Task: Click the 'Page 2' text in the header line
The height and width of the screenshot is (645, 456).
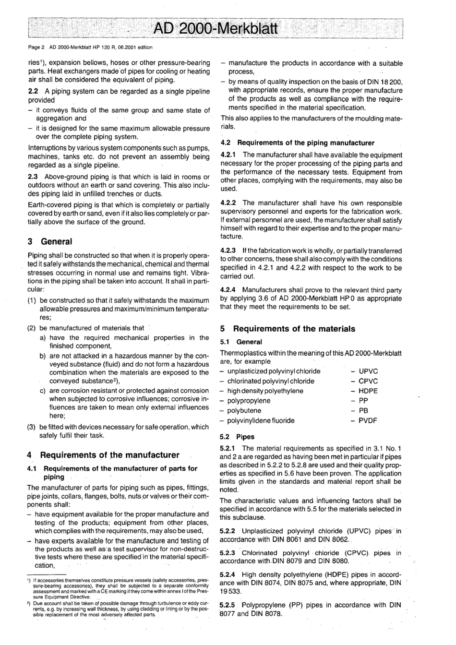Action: (x=36, y=47)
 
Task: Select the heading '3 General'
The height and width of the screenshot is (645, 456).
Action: (x=50, y=241)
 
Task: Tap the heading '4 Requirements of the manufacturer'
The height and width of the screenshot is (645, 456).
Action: (x=103, y=455)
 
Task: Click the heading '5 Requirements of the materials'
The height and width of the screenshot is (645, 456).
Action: (x=288, y=329)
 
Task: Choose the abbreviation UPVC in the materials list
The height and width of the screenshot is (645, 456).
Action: (x=368, y=371)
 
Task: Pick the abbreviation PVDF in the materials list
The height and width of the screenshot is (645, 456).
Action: (x=368, y=420)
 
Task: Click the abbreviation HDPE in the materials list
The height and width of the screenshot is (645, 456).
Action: (x=368, y=391)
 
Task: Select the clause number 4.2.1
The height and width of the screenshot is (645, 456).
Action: (x=228, y=155)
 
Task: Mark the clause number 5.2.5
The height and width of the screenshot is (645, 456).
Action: (x=228, y=605)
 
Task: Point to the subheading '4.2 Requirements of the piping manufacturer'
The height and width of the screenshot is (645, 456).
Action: (x=297, y=143)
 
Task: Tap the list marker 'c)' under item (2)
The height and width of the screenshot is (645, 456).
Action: (x=43, y=390)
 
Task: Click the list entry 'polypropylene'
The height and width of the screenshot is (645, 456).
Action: (x=249, y=401)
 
